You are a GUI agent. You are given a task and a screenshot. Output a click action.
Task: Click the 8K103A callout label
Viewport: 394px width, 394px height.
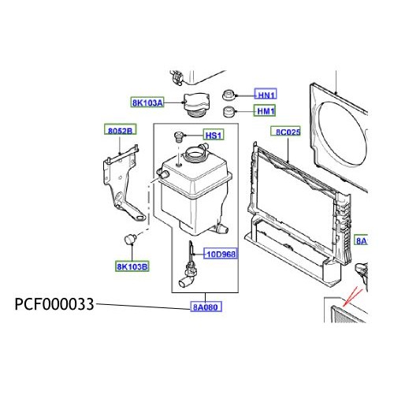tap(148, 102)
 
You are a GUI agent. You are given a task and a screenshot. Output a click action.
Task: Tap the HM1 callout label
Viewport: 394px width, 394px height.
tap(267, 110)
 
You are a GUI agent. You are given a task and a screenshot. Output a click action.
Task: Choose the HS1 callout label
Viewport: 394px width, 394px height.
tap(214, 136)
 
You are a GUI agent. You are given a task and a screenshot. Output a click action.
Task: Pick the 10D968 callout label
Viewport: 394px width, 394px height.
tap(221, 254)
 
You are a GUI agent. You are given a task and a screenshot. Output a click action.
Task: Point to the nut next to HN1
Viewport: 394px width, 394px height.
tap(230, 93)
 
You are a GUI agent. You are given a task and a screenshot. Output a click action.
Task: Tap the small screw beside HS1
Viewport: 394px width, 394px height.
tap(179, 139)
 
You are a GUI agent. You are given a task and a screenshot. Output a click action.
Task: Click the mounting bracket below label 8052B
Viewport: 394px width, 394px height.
tap(122, 181)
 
